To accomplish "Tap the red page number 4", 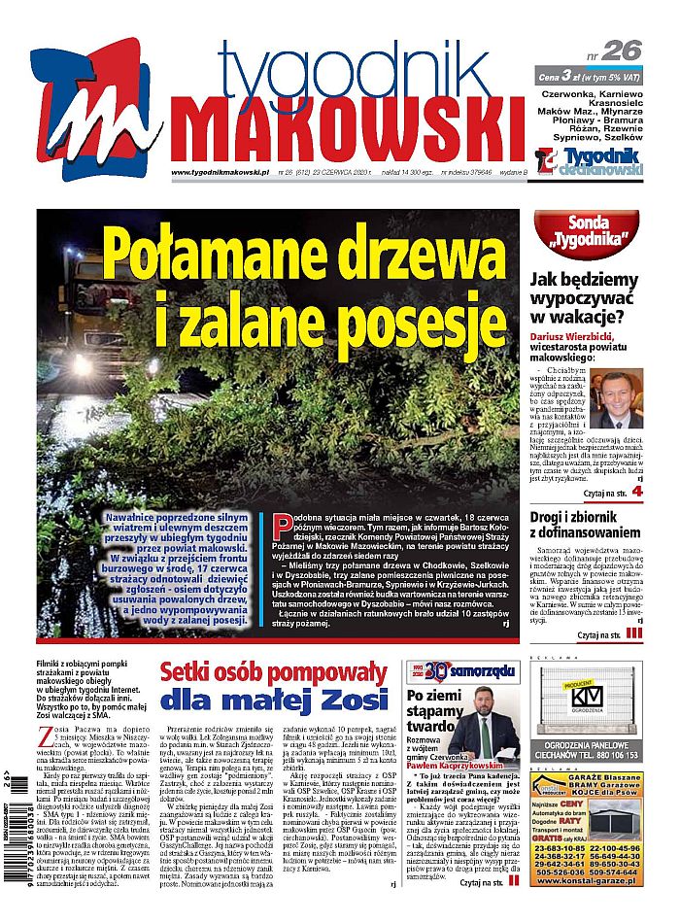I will pyautogui.click(x=637, y=492).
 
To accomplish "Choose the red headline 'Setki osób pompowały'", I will pyautogui.click(x=273, y=672).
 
